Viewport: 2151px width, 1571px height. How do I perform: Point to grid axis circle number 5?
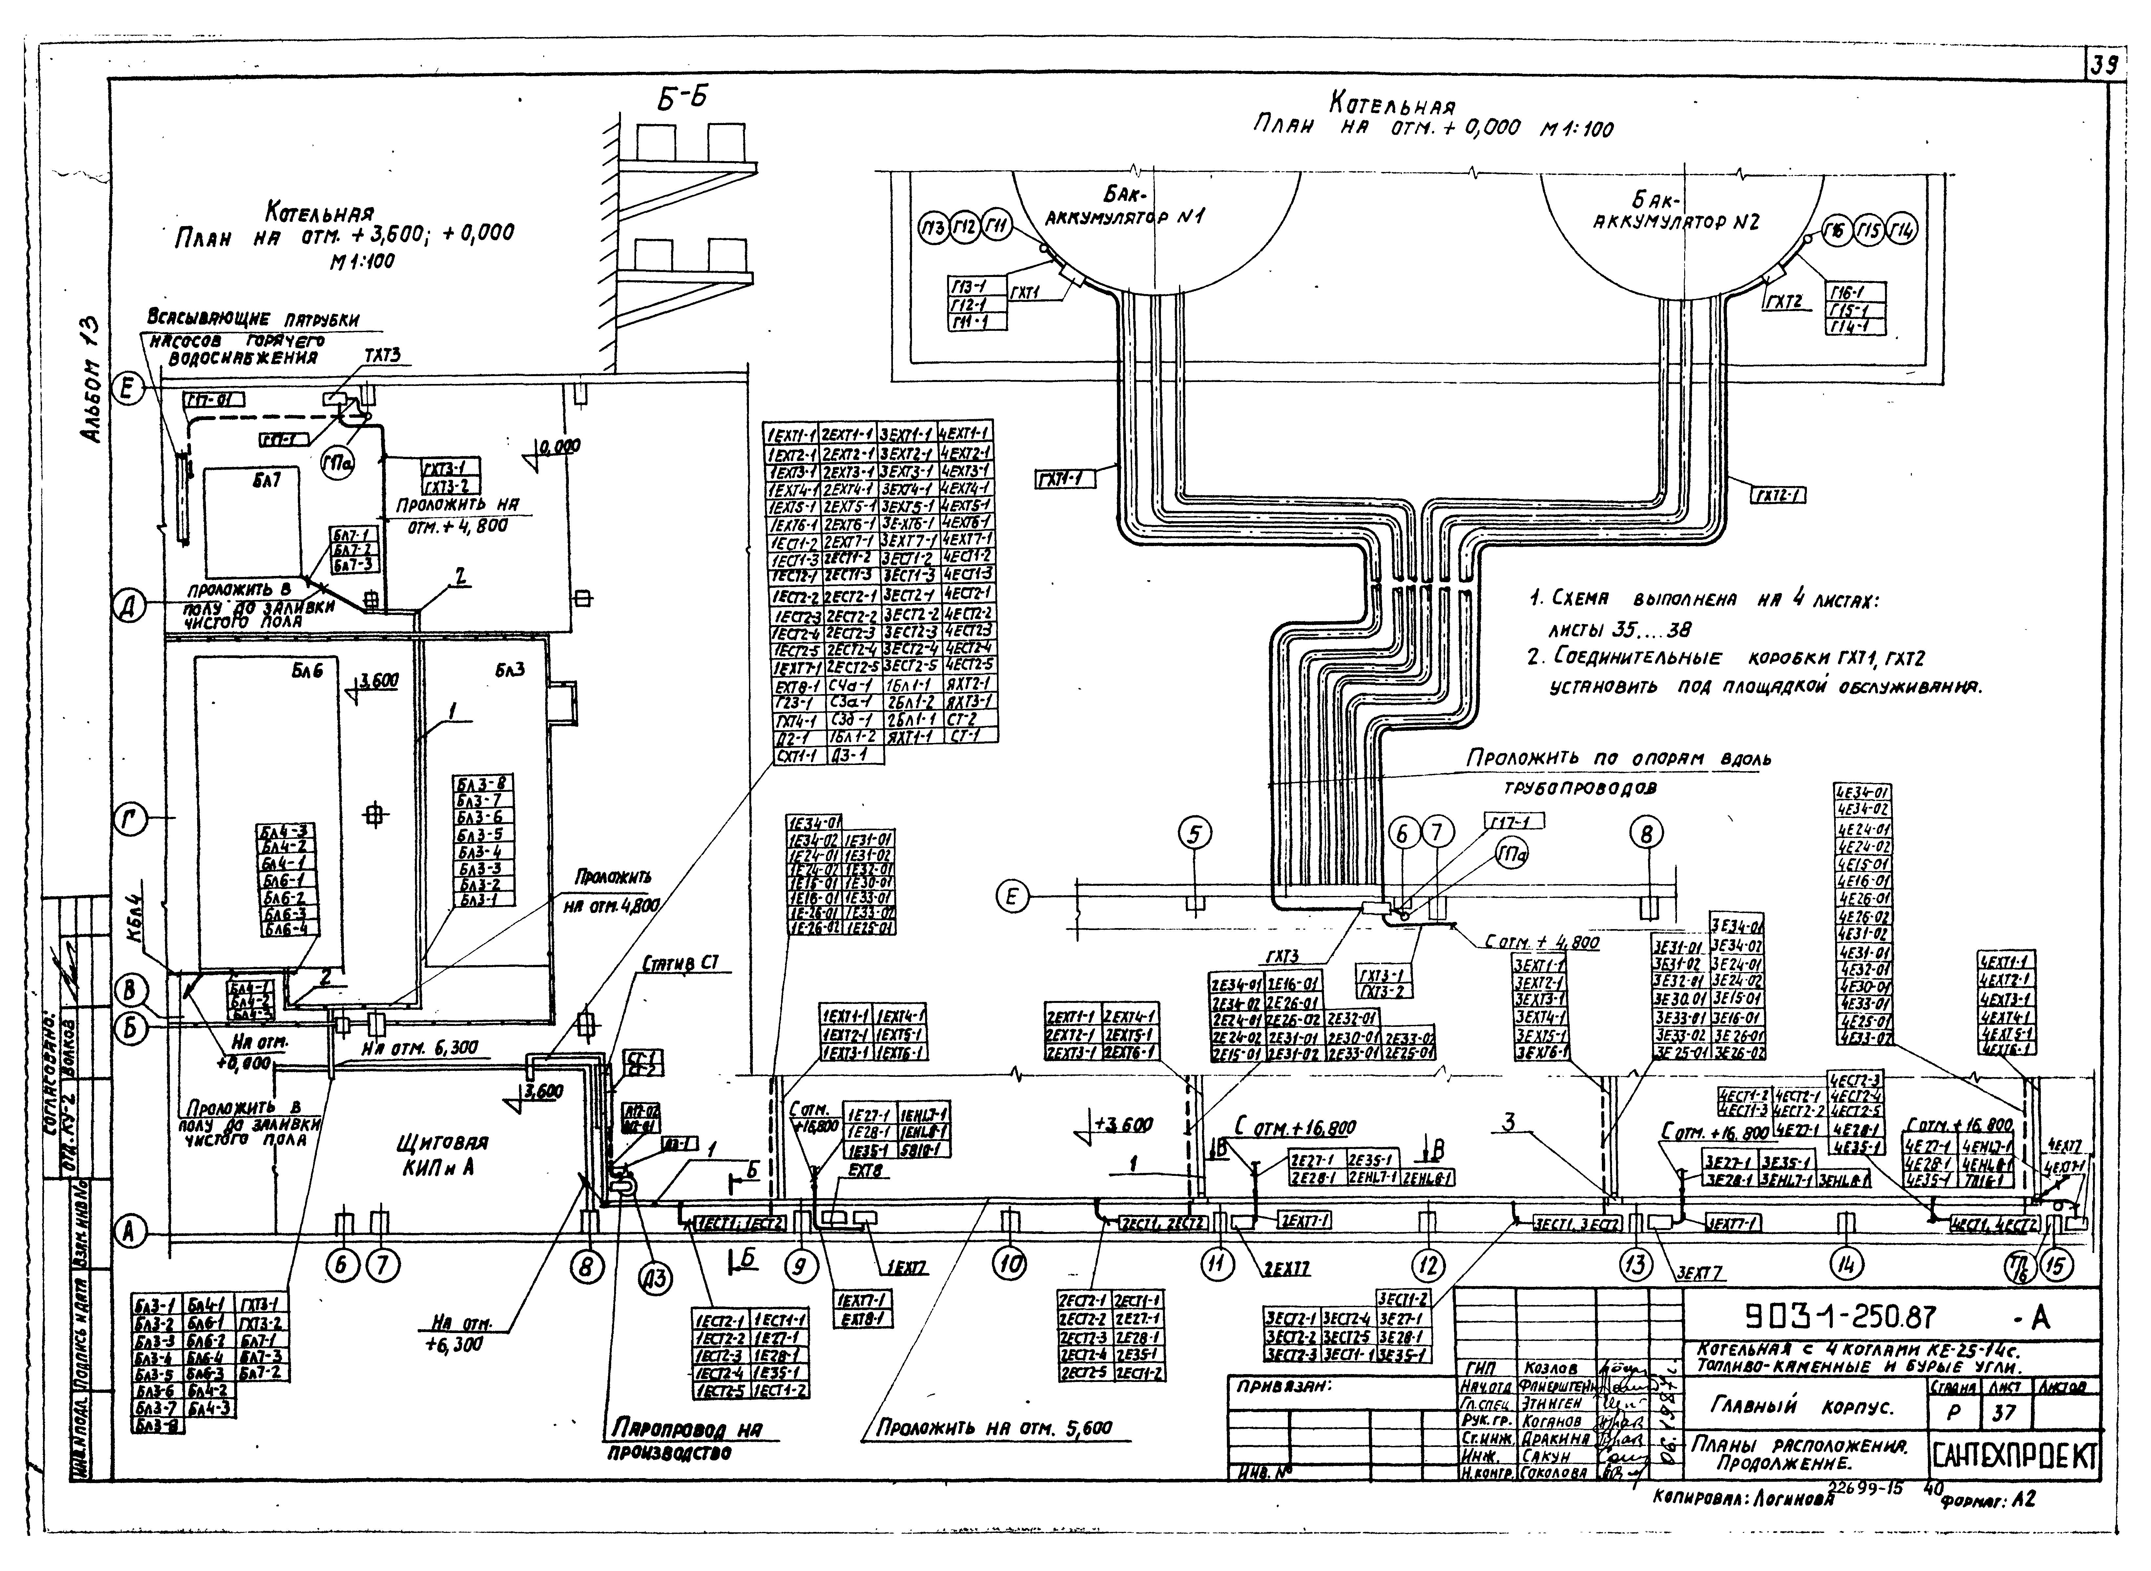tap(1196, 834)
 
